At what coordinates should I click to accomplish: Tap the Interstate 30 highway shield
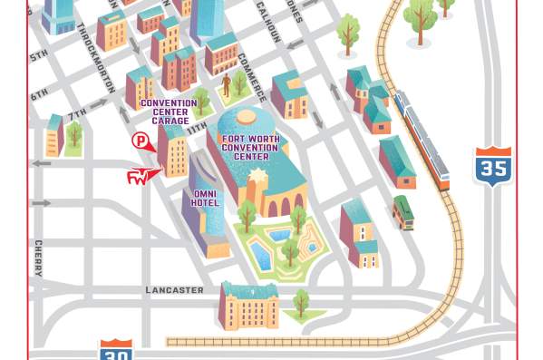coord(115,352)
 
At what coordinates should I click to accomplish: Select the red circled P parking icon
coord(141,140)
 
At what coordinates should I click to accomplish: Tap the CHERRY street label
coord(38,255)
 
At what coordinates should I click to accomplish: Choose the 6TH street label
coord(39,93)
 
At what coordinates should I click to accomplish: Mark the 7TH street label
coord(75,112)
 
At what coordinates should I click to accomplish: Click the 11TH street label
coord(197,130)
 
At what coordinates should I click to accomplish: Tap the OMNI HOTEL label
coord(205,198)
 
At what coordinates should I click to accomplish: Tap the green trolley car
coord(402,212)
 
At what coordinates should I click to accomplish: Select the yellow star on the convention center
coord(253,175)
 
